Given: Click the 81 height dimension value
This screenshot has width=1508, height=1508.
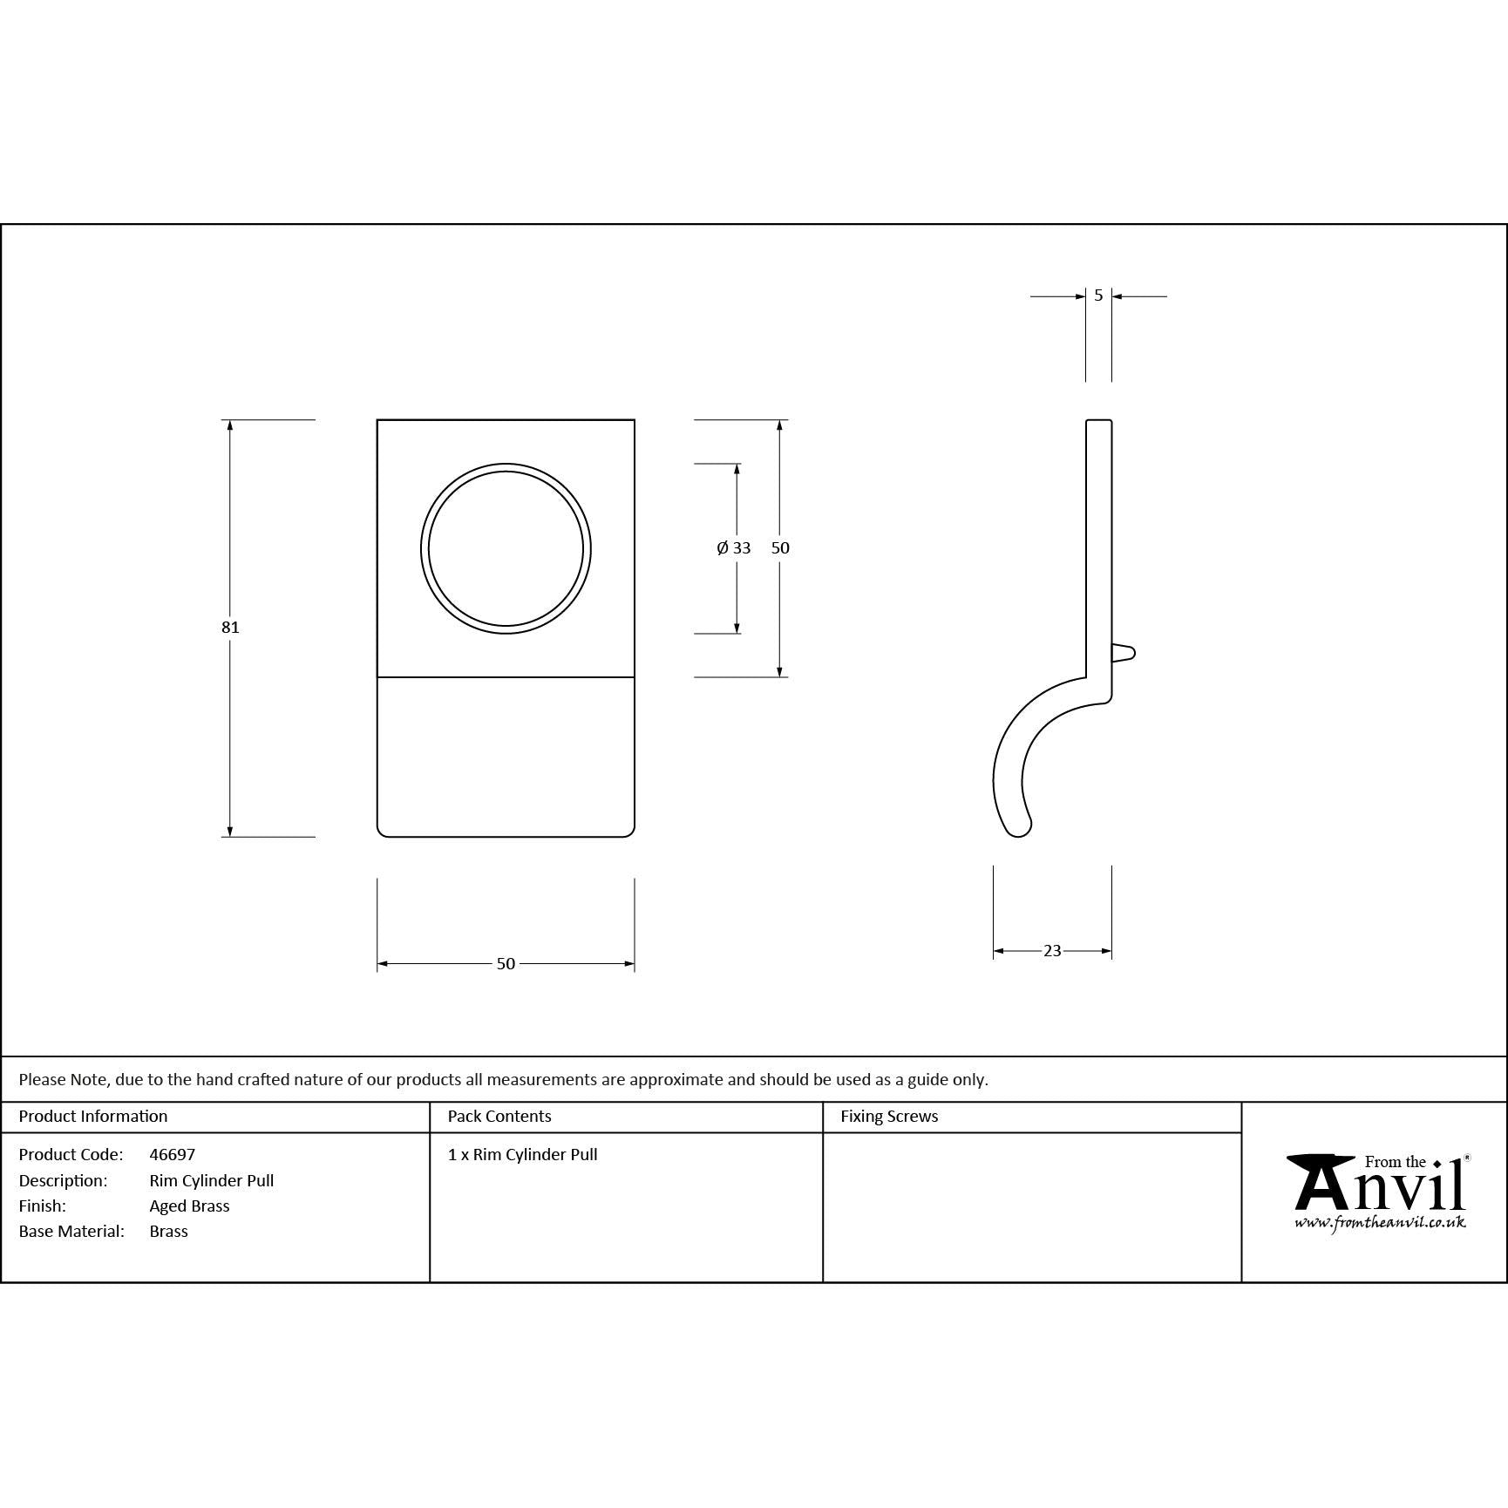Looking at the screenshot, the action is [230, 627].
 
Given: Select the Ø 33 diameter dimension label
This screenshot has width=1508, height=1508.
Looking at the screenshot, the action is [734, 548].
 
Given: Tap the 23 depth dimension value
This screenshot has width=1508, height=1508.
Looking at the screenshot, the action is [1052, 951].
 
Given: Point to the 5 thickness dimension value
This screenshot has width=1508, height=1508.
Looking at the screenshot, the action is [1098, 295].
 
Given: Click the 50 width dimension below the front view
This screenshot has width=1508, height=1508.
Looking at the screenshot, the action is [506, 963].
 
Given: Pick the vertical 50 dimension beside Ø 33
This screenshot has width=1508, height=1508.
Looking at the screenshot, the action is [780, 548].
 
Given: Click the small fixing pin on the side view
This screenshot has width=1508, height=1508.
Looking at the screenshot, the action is [1123, 653].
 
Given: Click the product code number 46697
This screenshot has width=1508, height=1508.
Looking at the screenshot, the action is [173, 1154].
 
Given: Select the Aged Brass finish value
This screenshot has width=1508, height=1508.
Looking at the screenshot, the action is [189, 1206].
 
